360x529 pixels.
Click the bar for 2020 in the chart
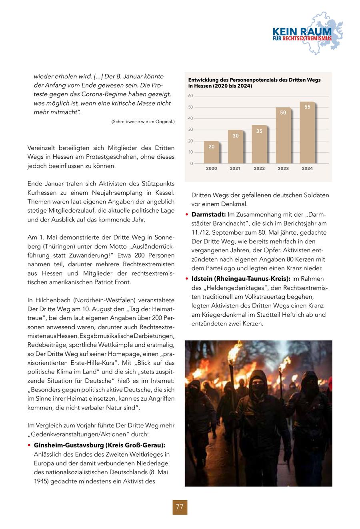coord(211,152)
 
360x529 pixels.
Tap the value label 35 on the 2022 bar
coord(259,131)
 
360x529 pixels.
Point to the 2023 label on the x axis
coord(283,168)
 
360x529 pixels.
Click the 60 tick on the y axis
coord(190,96)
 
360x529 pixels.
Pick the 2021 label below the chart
coord(235,168)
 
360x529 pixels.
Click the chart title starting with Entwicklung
coord(254,83)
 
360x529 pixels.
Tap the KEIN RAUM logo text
coord(302,32)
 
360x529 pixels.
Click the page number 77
coord(180,507)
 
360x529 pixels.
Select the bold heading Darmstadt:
coord(209,214)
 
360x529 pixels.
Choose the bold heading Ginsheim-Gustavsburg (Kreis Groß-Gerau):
coord(100,445)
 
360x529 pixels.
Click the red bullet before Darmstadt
coord(187,215)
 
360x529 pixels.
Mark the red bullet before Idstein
coord(187,279)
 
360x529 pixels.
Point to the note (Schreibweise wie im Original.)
coord(143,122)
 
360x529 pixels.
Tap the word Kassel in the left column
coord(164,193)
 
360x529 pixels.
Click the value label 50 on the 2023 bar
coord(283,113)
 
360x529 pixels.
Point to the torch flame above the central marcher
coord(235,352)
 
